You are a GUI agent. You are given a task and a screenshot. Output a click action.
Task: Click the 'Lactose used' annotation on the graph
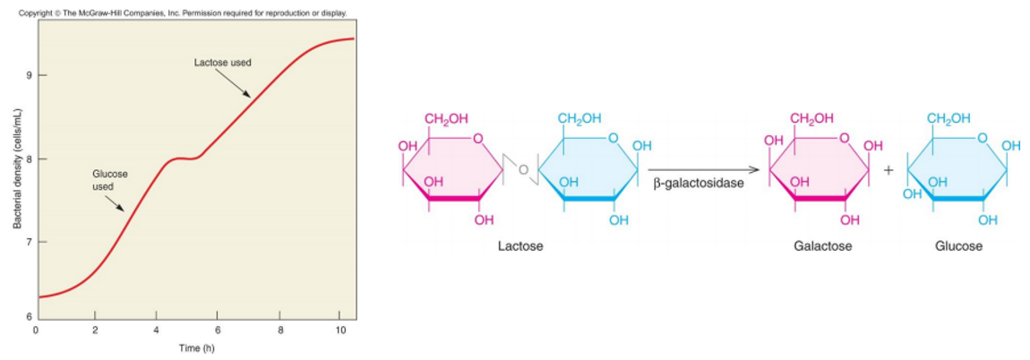[223, 63]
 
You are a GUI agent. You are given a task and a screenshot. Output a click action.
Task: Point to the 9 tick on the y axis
[29, 75]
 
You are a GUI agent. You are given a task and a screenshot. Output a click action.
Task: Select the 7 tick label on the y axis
[29, 243]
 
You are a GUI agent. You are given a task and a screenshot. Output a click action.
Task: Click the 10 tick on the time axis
[340, 330]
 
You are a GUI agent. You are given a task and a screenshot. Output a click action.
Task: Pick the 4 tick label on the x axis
[156, 330]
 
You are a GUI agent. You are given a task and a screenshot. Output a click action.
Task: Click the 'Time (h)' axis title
[196, 348]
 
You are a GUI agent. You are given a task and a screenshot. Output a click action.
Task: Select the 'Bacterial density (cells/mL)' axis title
[15, 168]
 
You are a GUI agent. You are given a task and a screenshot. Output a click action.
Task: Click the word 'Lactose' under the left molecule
[520, 245]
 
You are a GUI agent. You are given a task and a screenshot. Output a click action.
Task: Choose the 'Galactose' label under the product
[822, 245]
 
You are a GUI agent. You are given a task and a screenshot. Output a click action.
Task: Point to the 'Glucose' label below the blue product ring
[958, 245]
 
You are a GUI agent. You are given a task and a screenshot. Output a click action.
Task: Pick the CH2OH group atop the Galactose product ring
[811, 119]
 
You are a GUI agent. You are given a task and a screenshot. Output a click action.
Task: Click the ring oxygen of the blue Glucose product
[983, 138]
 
